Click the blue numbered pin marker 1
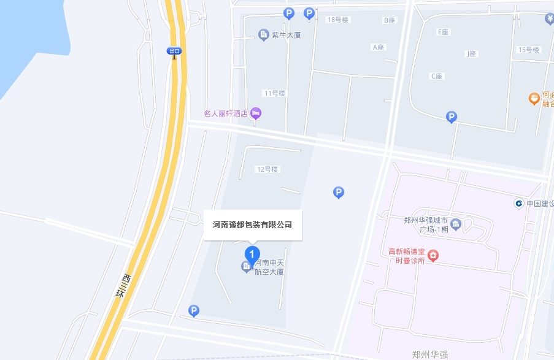coord(252,253)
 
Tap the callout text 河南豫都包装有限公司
coord(252,224)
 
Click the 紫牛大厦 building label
coord(287,35)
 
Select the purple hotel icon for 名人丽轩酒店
coord(256,113)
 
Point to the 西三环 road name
coord(123,286)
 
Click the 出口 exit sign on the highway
coord(175,51)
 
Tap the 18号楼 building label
coord(337,20)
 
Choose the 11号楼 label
coord(274,93)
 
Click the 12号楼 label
coord(267,169)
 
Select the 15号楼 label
coord(528,50)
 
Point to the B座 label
coord(390,20)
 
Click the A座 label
coord(378,47)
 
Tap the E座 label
coord(444,31)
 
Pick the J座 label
coord(471,54)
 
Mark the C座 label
coord(436,76)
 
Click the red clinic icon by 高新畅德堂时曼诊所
coord(433,255)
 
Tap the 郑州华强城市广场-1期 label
coord(426,225)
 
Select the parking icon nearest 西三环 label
coord(194,311)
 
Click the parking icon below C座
coord(452,117)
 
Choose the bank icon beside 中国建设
coord(519,203)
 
